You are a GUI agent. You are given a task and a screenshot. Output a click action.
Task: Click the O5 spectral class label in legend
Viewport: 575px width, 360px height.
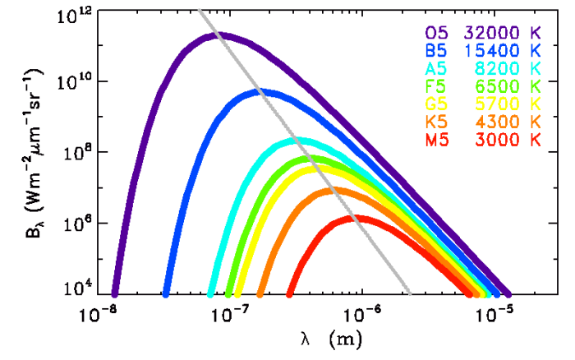pyautogui.click(x=437, y=34)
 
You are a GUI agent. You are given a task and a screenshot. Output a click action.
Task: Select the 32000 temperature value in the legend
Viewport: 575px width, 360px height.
pyautogui.click(x=490, y=34)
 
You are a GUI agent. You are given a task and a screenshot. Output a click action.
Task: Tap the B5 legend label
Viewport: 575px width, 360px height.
pyautogui.click(x=437, y=51)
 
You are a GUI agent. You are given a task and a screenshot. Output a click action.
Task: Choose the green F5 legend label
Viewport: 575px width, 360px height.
pyautogui.click(x=437, y=86)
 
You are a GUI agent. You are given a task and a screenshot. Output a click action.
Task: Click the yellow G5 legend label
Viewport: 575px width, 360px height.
pyautogui.click(x=437, y=104)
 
